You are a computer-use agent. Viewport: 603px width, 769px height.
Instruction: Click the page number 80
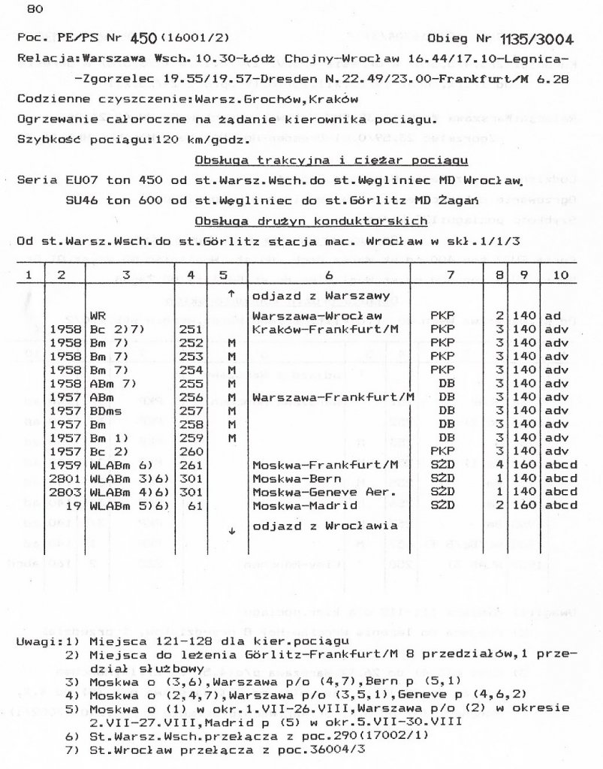35,9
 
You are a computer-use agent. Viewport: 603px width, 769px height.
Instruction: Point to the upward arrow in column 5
231,292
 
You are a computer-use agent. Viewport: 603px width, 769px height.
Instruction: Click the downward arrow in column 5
231,529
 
